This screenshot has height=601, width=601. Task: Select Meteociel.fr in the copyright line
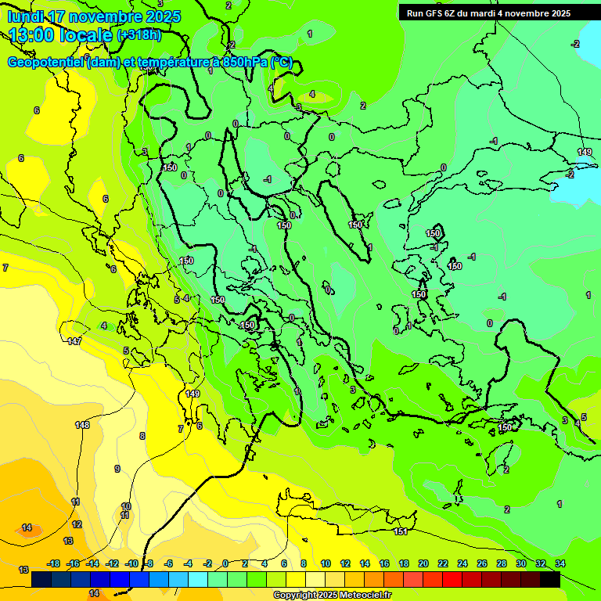click(x=360, y=596)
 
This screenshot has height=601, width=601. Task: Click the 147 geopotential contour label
click(x=74, y=342)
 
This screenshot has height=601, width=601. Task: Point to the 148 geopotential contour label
click(x=82, y=425)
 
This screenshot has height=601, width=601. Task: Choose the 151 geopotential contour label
click(x=401, y=532)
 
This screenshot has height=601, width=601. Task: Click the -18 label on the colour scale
click(x=53, y=563)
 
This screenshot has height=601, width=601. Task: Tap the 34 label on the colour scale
click(x=560, y=563)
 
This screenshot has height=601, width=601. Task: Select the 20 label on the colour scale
click(x=423, y=563)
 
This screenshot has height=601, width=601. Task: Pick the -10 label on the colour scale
click(x=131, y=563)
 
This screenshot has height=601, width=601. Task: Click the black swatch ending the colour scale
click(x=550, y=580)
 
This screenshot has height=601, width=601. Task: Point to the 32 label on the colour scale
click(x=541, y=563)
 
